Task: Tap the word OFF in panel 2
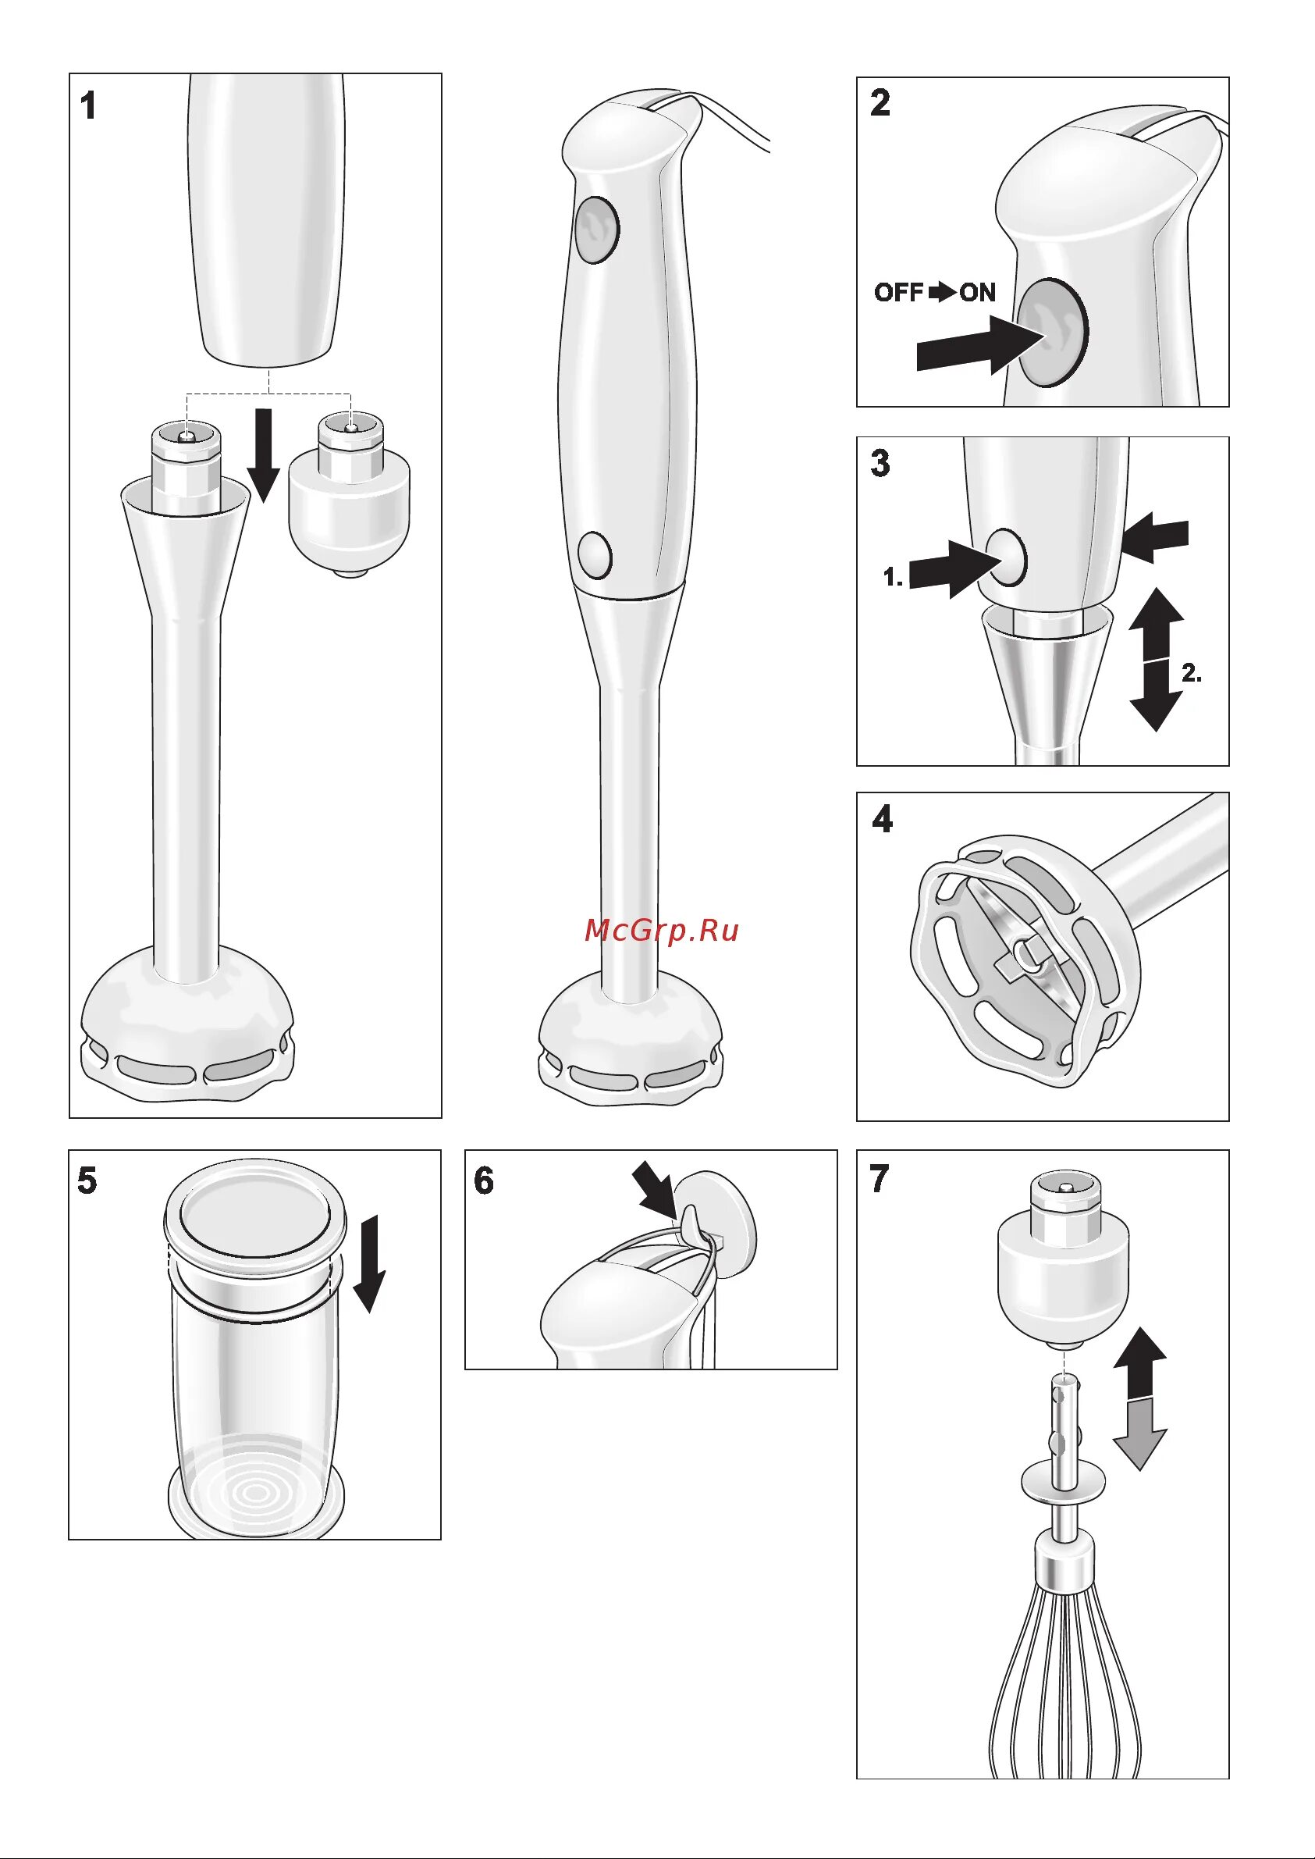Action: coord(899,293)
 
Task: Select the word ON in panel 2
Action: coord(977,293)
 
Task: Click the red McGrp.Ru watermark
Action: coord(662,931)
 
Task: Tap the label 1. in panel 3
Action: coord(892,578)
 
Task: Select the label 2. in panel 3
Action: coord(1191,673)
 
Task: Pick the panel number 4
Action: coord(882,820)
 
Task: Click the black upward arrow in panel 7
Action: coord(1139,1363)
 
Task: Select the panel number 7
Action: coord(880,1179)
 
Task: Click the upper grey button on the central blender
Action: coord(597,230)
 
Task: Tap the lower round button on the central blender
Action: coord(595,555)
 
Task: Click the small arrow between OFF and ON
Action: coord(942,293)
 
